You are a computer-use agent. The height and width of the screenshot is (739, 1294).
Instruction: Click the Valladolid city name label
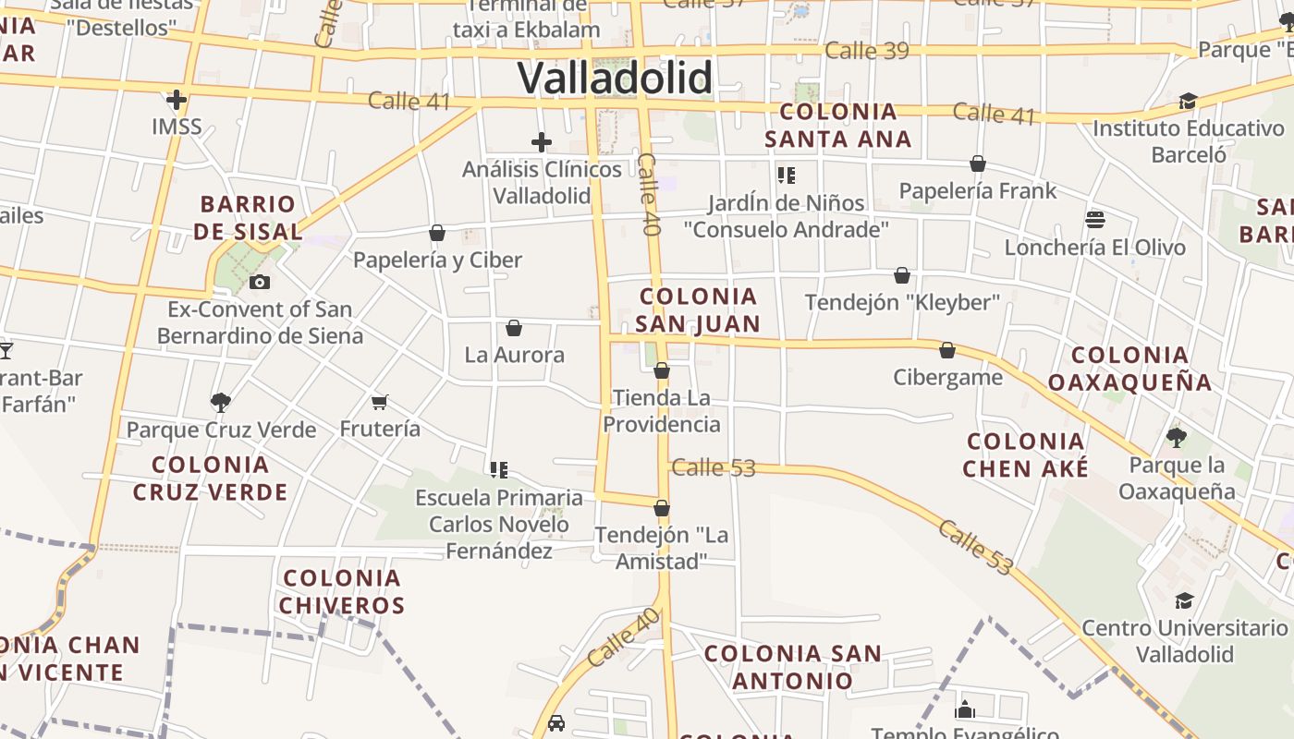coord(615,78)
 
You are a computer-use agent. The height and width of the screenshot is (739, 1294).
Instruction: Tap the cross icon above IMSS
coord(177,99)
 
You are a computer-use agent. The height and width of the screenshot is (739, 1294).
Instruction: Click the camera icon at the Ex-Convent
coord(260,282)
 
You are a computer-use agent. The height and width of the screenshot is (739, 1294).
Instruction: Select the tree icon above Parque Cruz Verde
coord(220,402)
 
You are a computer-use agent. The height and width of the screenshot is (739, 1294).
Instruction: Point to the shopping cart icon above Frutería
coord(379,402)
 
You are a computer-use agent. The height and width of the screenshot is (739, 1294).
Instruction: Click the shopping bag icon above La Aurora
coord(514,328)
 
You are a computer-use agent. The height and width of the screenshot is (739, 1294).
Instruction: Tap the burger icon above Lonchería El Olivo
coord(1095,220)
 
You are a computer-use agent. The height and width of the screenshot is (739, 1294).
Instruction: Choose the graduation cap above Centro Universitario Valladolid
coord(1184,601)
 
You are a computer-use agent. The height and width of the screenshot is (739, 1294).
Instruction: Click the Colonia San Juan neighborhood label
coord(698,309)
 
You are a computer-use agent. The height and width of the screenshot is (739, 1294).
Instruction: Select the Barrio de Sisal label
coord(248,217)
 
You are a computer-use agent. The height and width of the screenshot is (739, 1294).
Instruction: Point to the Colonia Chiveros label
coord(342,591)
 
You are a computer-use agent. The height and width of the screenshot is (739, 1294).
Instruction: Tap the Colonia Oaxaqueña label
coord(1129,368)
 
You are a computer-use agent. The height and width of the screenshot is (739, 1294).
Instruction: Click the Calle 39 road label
coord(867,50)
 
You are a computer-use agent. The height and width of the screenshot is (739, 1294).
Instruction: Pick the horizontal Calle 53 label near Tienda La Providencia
coord(714,467)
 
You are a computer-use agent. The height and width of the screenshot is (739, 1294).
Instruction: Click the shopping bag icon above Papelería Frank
coord(978,164)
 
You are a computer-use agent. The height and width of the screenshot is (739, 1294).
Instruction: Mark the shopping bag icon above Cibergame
coord(947,350)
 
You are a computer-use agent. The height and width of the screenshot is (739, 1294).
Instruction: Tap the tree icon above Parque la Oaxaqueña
coord(1176,437)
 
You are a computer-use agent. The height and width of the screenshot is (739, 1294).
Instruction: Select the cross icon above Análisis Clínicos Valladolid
coord(542,142)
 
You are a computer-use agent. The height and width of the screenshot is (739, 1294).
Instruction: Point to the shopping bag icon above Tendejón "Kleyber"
coord(902,275)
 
